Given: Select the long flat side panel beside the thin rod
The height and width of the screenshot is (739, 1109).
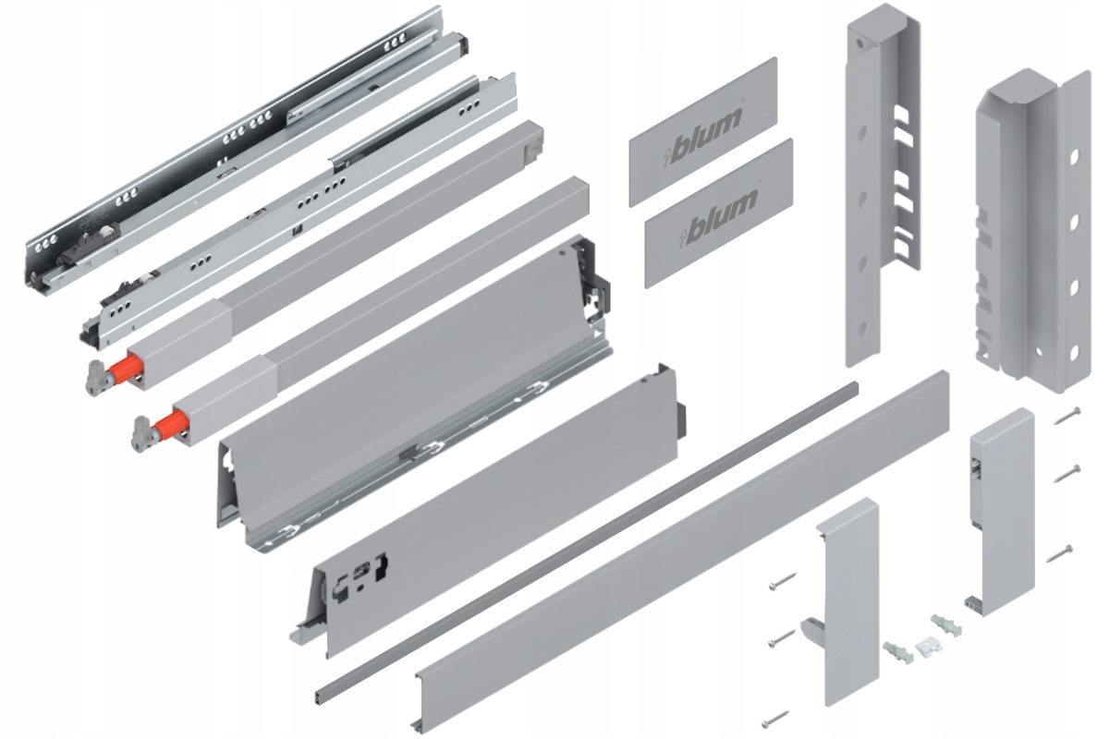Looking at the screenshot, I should click(684, 545).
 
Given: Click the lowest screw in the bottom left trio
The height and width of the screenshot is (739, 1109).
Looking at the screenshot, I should click(777, 719).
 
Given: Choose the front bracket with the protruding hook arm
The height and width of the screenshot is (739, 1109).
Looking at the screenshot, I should click(847, 600).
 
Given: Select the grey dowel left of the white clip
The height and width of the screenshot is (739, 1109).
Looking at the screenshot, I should click(897, 650).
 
